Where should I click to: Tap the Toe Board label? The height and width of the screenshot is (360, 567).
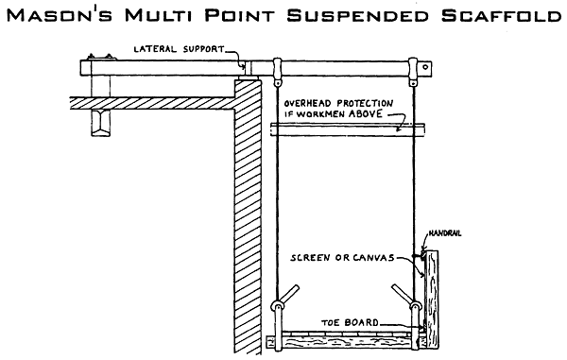(x=351, y=322)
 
